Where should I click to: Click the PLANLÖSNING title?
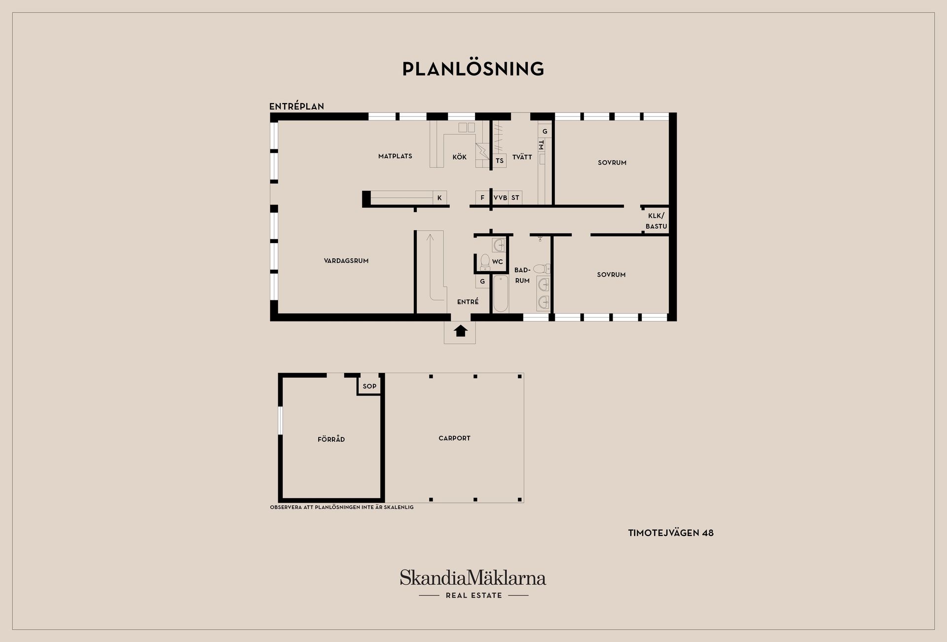[x=473, y=69]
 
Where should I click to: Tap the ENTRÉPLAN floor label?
[x=296, y=107]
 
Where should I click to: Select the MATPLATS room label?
[x=395, y=156]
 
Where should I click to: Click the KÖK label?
[x=459, y=157]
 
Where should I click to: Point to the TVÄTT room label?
[x=522, y=157]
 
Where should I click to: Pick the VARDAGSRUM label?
[x=346, y=261]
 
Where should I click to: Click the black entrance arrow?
[x=461, y=330]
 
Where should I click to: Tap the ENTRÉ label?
[x=468, y=302]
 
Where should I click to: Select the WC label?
[x=497, y=262]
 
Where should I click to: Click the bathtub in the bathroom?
[x=501, y=294]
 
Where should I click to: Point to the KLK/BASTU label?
[x=656, y=221]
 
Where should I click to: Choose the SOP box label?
[x=369, y=386]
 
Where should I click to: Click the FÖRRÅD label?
[x=331, y=439]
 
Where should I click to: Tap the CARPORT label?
[x=454, y=438]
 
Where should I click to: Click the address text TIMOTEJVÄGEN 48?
[x=671, y=533]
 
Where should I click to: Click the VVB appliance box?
[x=500, y=198]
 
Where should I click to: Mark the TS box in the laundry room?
[x=500, y=161]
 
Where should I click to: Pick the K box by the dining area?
[x=439, y=198]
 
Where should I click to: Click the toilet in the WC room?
[x=484, y=262]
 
